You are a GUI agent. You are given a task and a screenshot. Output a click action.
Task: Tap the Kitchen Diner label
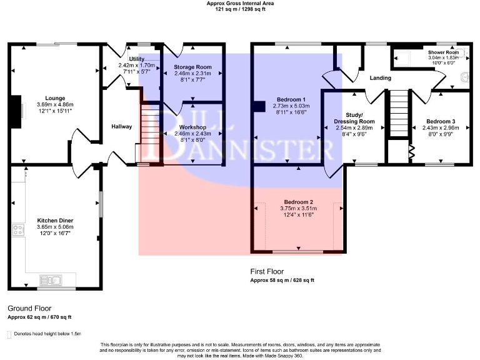point(53,221)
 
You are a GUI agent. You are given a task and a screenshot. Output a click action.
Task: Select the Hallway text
point(121,127)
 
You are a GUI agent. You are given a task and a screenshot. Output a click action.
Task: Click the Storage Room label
point(192,66)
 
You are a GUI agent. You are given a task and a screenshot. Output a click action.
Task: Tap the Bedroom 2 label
point(299,202)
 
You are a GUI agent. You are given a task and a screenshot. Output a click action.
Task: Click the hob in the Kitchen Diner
point(17,231)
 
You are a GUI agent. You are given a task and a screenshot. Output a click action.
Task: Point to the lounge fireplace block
point(18,107)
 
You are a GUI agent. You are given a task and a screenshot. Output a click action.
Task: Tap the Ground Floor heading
point(29,308)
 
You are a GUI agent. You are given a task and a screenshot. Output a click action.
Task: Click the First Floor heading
point(267,272)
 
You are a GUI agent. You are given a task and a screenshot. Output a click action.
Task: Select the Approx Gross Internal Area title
point(240,3)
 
